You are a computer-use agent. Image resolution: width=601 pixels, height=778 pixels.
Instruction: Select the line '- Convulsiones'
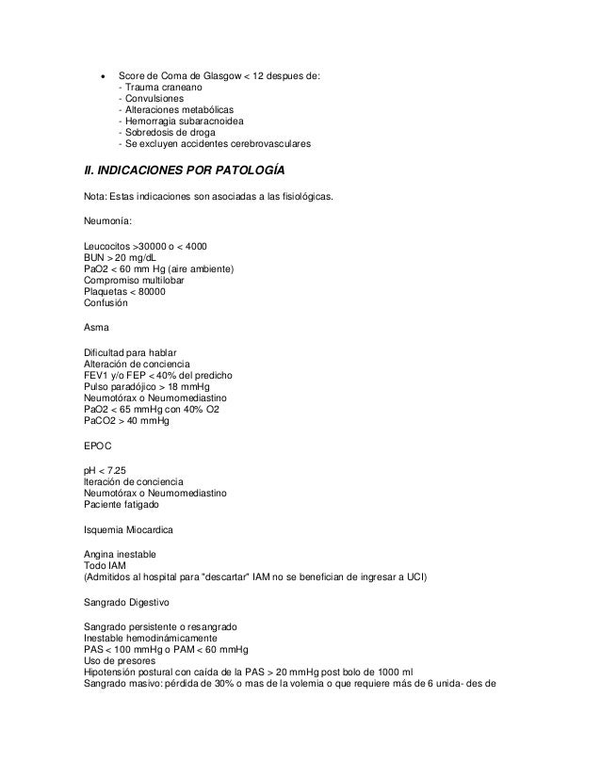pos(152,99)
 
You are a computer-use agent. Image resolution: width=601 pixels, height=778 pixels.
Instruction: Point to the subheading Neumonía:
pos(108,222)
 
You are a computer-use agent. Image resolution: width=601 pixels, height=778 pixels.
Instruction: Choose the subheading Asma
pos(96,329)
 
